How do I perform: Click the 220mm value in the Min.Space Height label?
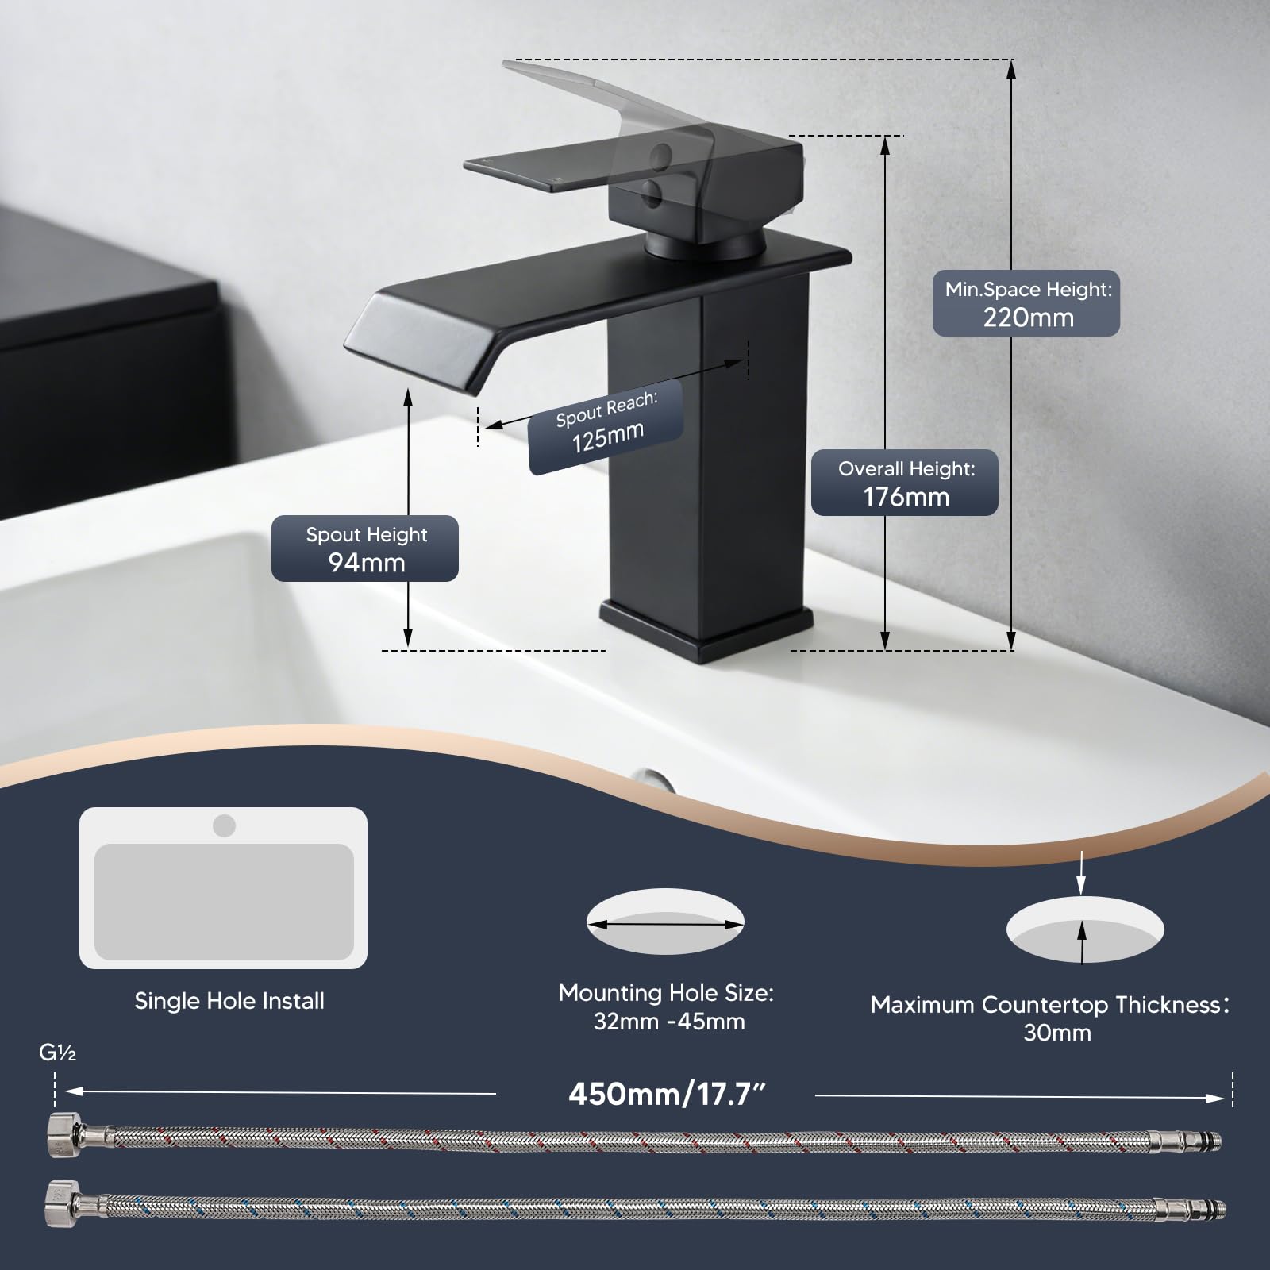[1028, 317]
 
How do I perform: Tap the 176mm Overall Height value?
[906, 497]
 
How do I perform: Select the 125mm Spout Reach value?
[608, 437]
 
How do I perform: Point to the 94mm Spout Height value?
[367, 563]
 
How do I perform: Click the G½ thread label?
[58, 1053]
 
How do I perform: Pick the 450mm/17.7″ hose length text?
[668, 1095]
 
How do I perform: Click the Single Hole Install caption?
[229, 1001]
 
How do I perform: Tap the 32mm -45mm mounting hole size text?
[669, 1021]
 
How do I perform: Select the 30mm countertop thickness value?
[1057, 1033]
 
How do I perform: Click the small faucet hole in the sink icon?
[224, 825]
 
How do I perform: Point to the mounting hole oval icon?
[665, 921]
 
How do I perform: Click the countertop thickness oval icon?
[1084, 929]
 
